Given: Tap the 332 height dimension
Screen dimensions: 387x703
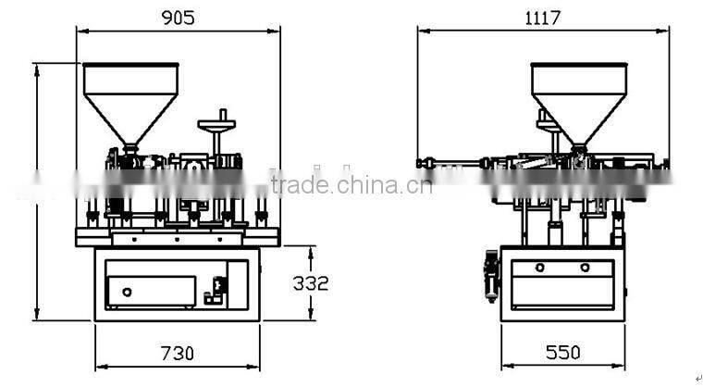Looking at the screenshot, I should pos(311,282).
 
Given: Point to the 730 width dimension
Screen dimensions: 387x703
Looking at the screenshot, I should pos(178,353).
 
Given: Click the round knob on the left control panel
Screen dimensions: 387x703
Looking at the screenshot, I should pos(127,292).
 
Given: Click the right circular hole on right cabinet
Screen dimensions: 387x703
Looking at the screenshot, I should pos(585,268).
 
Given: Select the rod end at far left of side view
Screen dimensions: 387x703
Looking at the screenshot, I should pos(421,164).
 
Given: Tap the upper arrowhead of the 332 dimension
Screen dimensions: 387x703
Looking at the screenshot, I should pos(311,249).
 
